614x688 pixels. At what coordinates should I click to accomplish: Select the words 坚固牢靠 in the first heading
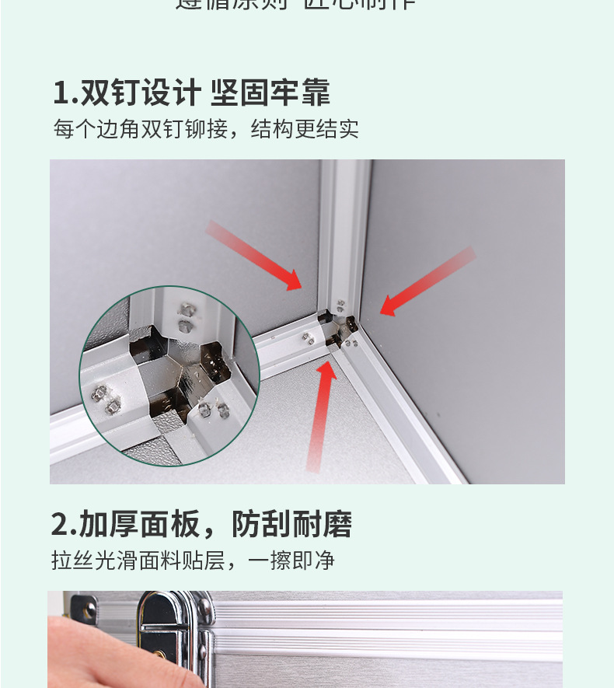point(270,93)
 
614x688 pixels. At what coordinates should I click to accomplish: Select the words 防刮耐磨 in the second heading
point(292,525)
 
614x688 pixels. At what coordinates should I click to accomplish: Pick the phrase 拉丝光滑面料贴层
point(137,560)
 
